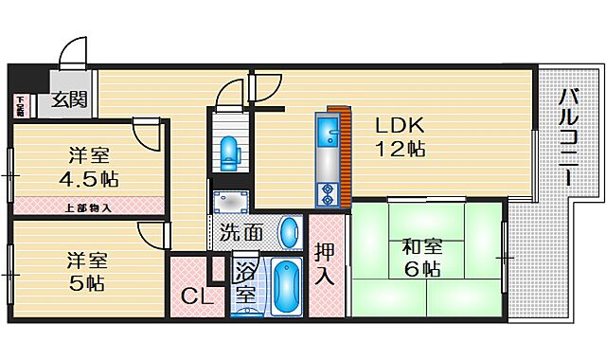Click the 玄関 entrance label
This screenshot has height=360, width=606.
point(69,99)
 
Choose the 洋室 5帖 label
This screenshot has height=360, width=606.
point(86,271)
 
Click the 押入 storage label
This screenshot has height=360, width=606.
point(324,265)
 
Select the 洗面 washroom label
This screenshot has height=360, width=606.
point(241,231)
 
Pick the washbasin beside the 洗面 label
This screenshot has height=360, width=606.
point(291,231)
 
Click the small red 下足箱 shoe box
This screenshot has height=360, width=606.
point(20,106)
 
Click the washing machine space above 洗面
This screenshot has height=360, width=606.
point(230,201)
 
